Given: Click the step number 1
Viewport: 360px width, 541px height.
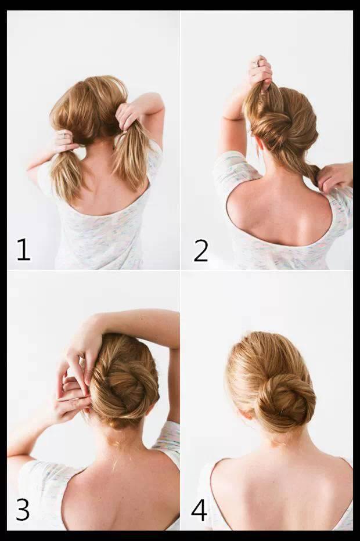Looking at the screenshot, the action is pos(23,250).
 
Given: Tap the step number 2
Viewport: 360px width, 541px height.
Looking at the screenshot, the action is pos(201,251).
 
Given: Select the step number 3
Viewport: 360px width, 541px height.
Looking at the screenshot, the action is pos(23,509).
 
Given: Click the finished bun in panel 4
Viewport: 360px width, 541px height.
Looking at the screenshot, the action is pos(286,402).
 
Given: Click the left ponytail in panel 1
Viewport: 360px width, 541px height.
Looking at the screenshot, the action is pos(69,174).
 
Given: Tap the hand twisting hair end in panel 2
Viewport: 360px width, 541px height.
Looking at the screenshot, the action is pos(335,176).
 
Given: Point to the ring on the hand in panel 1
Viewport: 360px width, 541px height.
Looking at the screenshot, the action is pos(65,136).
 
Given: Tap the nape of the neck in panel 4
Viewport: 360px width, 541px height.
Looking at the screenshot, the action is pos(280,441).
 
